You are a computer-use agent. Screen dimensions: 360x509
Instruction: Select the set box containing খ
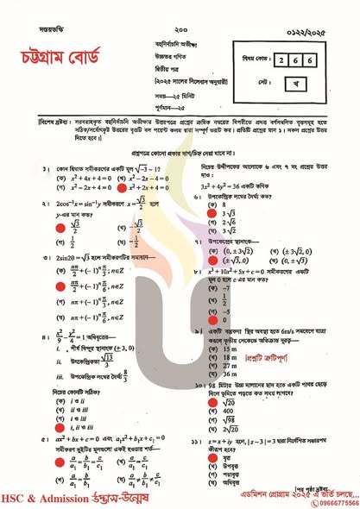310,85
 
